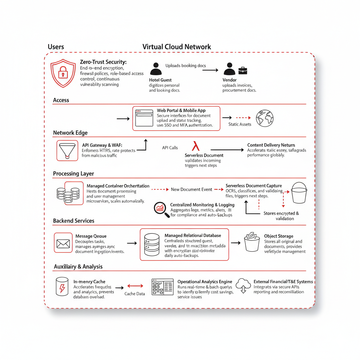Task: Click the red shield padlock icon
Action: (x=63, y=73)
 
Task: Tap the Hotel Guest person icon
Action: (x=156, y=69)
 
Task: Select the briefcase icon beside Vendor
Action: (x=243, y=71)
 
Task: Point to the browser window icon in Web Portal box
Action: (x=144, y=118)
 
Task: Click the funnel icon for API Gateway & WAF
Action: (x=67, y=150)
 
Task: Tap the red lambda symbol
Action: (x=195, y=146)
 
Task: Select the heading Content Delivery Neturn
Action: (x=271, y=145)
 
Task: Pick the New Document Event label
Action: (x=191, y=189)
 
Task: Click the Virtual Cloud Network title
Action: (x=176, y=47)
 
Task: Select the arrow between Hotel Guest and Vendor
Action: (x=210, y=70)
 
